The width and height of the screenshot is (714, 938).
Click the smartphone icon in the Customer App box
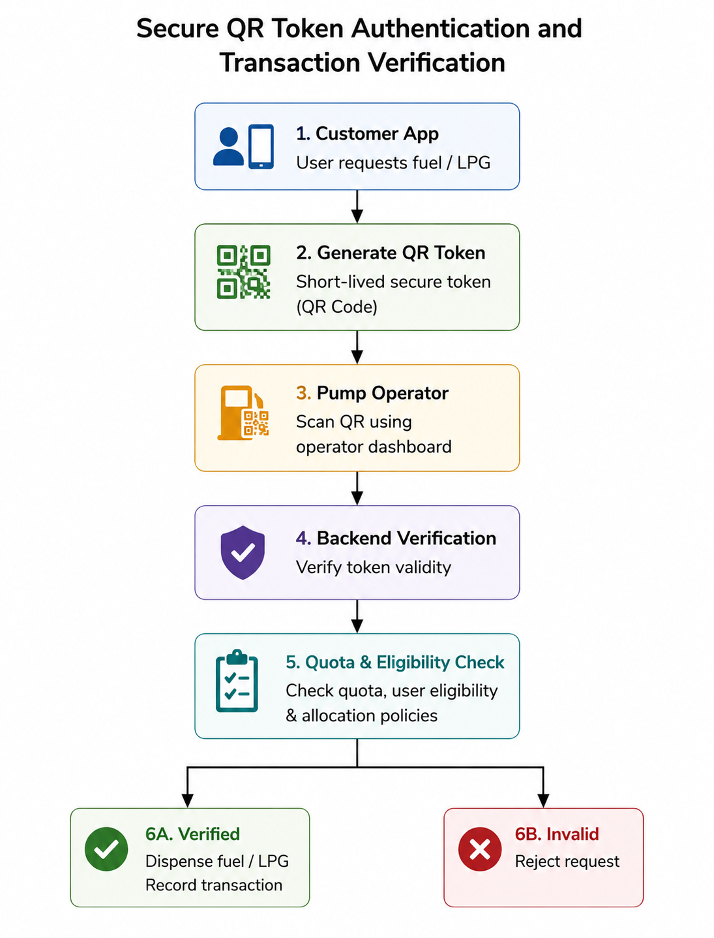[261, 147]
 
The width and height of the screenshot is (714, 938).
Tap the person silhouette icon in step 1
[228, 147]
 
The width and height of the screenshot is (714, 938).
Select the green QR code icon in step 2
[243, 272]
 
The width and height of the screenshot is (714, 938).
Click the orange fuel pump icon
[243, 413]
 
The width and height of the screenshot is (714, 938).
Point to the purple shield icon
[243, 552]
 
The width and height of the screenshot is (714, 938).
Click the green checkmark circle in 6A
[106, 849]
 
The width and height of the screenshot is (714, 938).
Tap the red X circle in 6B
[480, 849]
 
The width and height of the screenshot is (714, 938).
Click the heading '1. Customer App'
[367, 134]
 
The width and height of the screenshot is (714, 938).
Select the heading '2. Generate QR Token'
[391, 253]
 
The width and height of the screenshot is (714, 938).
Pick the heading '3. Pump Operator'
[372, 393]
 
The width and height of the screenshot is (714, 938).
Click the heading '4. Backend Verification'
[396, 538]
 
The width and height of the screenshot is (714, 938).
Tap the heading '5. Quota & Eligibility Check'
[394, 662]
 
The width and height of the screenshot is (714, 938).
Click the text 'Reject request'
[567, 861]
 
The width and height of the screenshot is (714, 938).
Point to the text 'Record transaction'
[214, 885]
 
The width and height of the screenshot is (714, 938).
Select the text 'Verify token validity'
[374, 567]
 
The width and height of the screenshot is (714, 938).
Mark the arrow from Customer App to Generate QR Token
[357, 206]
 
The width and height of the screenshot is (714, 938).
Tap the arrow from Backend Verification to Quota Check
[357, 616]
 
